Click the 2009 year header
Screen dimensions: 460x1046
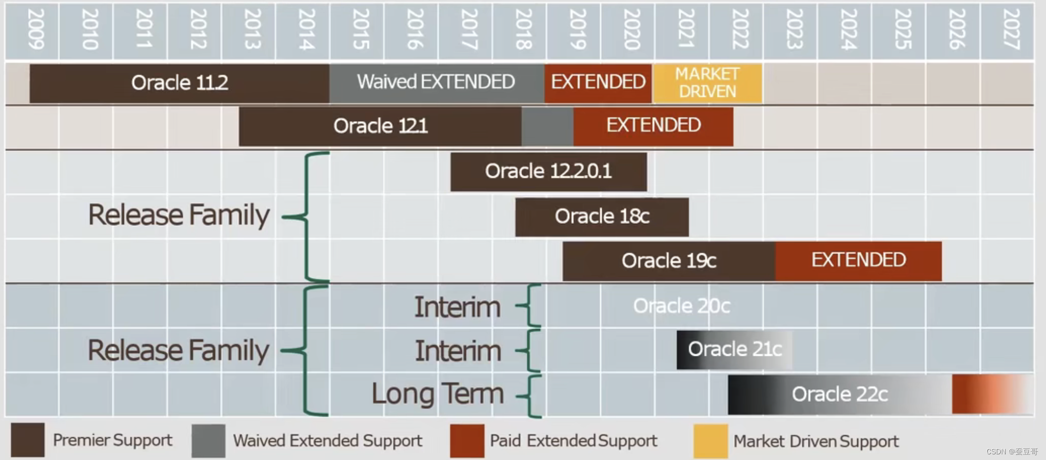35,30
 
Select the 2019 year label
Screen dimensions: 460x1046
577,30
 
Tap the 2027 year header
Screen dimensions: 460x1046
1010,30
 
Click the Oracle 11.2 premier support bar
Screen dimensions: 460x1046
179,83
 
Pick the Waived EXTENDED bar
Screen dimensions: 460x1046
436,82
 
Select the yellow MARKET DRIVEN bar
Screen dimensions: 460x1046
707,83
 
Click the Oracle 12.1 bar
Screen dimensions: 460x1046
380,126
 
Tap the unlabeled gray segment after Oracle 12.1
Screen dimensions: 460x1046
547,126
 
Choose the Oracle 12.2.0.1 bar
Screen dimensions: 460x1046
548,171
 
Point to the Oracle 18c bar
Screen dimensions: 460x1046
602,217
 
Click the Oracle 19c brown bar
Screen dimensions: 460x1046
669,261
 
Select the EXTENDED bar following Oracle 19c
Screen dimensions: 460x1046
858,260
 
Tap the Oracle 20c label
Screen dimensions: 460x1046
681,306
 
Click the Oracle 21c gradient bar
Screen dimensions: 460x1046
734,350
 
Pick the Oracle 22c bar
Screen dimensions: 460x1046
840,395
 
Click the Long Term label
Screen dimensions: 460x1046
438,395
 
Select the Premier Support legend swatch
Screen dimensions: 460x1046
28,440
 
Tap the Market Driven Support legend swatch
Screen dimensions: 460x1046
711,441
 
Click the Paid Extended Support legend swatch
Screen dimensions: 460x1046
467,441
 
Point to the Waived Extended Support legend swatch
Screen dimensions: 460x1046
208,441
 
